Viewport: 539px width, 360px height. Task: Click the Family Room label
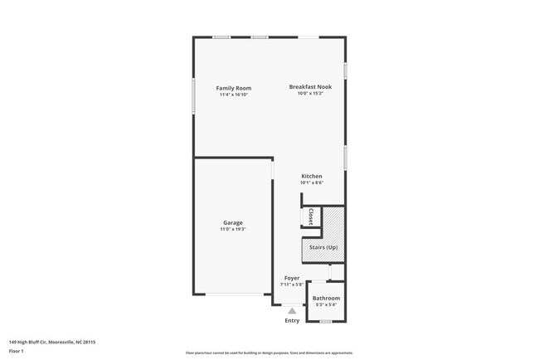point(234,88)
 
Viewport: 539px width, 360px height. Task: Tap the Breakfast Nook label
point(310,87)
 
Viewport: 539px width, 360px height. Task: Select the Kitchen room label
point(311,176)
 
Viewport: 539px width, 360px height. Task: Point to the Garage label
point(233,222)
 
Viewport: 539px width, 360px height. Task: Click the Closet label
point(310,216)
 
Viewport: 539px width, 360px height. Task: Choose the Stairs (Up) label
point(323,247)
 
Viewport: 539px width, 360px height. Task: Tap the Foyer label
point(292,278)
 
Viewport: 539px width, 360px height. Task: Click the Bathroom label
point(326,298)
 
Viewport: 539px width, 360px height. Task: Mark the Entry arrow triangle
point(292,311)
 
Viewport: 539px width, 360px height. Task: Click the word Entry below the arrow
point(292,320)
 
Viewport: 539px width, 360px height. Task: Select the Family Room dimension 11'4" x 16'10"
point(234,95)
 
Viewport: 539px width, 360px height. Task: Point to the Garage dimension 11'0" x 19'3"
point(233,229)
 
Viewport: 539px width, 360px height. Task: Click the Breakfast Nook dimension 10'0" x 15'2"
point(310,94)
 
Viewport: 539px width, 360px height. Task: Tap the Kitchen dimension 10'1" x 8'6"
point(311,182)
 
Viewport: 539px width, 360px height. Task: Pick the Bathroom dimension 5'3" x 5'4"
point(326,304)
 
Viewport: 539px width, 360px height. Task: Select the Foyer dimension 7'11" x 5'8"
point(292,285)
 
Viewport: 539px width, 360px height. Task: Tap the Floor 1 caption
point(17,351)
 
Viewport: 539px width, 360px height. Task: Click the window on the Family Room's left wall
point(194,96)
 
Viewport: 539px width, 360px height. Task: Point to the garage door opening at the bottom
point(233,294)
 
